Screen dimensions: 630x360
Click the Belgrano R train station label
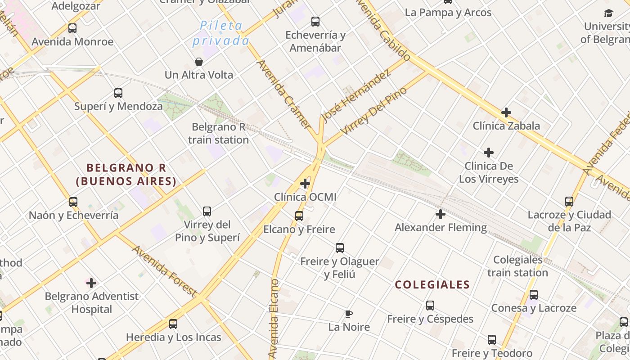pos(218,133)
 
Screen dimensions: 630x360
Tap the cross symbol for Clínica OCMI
pos(305,184)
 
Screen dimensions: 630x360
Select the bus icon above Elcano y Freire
pos(299,216)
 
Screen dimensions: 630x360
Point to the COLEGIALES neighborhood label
pos(432,284)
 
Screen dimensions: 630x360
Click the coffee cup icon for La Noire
pos(348,314)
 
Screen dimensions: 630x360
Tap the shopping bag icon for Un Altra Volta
pos(198,62)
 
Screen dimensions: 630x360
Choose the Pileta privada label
pos(221,33)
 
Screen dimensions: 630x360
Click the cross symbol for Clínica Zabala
pos(506,112)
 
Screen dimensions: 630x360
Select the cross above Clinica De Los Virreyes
pos(489,153)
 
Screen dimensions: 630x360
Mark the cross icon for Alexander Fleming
pos(441,214)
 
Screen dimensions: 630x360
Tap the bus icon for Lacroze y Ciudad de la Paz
pos(569,202)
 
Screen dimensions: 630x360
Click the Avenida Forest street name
pos(164,271)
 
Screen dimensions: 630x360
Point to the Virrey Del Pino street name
pos(374,111)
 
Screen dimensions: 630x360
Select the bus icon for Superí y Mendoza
pos(118,93)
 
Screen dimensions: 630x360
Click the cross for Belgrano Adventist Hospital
pos(91,283)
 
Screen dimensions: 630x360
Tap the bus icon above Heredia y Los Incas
pos(173,324)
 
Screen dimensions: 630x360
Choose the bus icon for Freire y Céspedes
pos(430,306)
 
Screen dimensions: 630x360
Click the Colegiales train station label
pos(517,266)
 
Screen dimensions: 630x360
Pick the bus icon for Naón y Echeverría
pos(73,202)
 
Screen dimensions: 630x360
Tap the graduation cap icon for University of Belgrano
pos(608,13)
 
